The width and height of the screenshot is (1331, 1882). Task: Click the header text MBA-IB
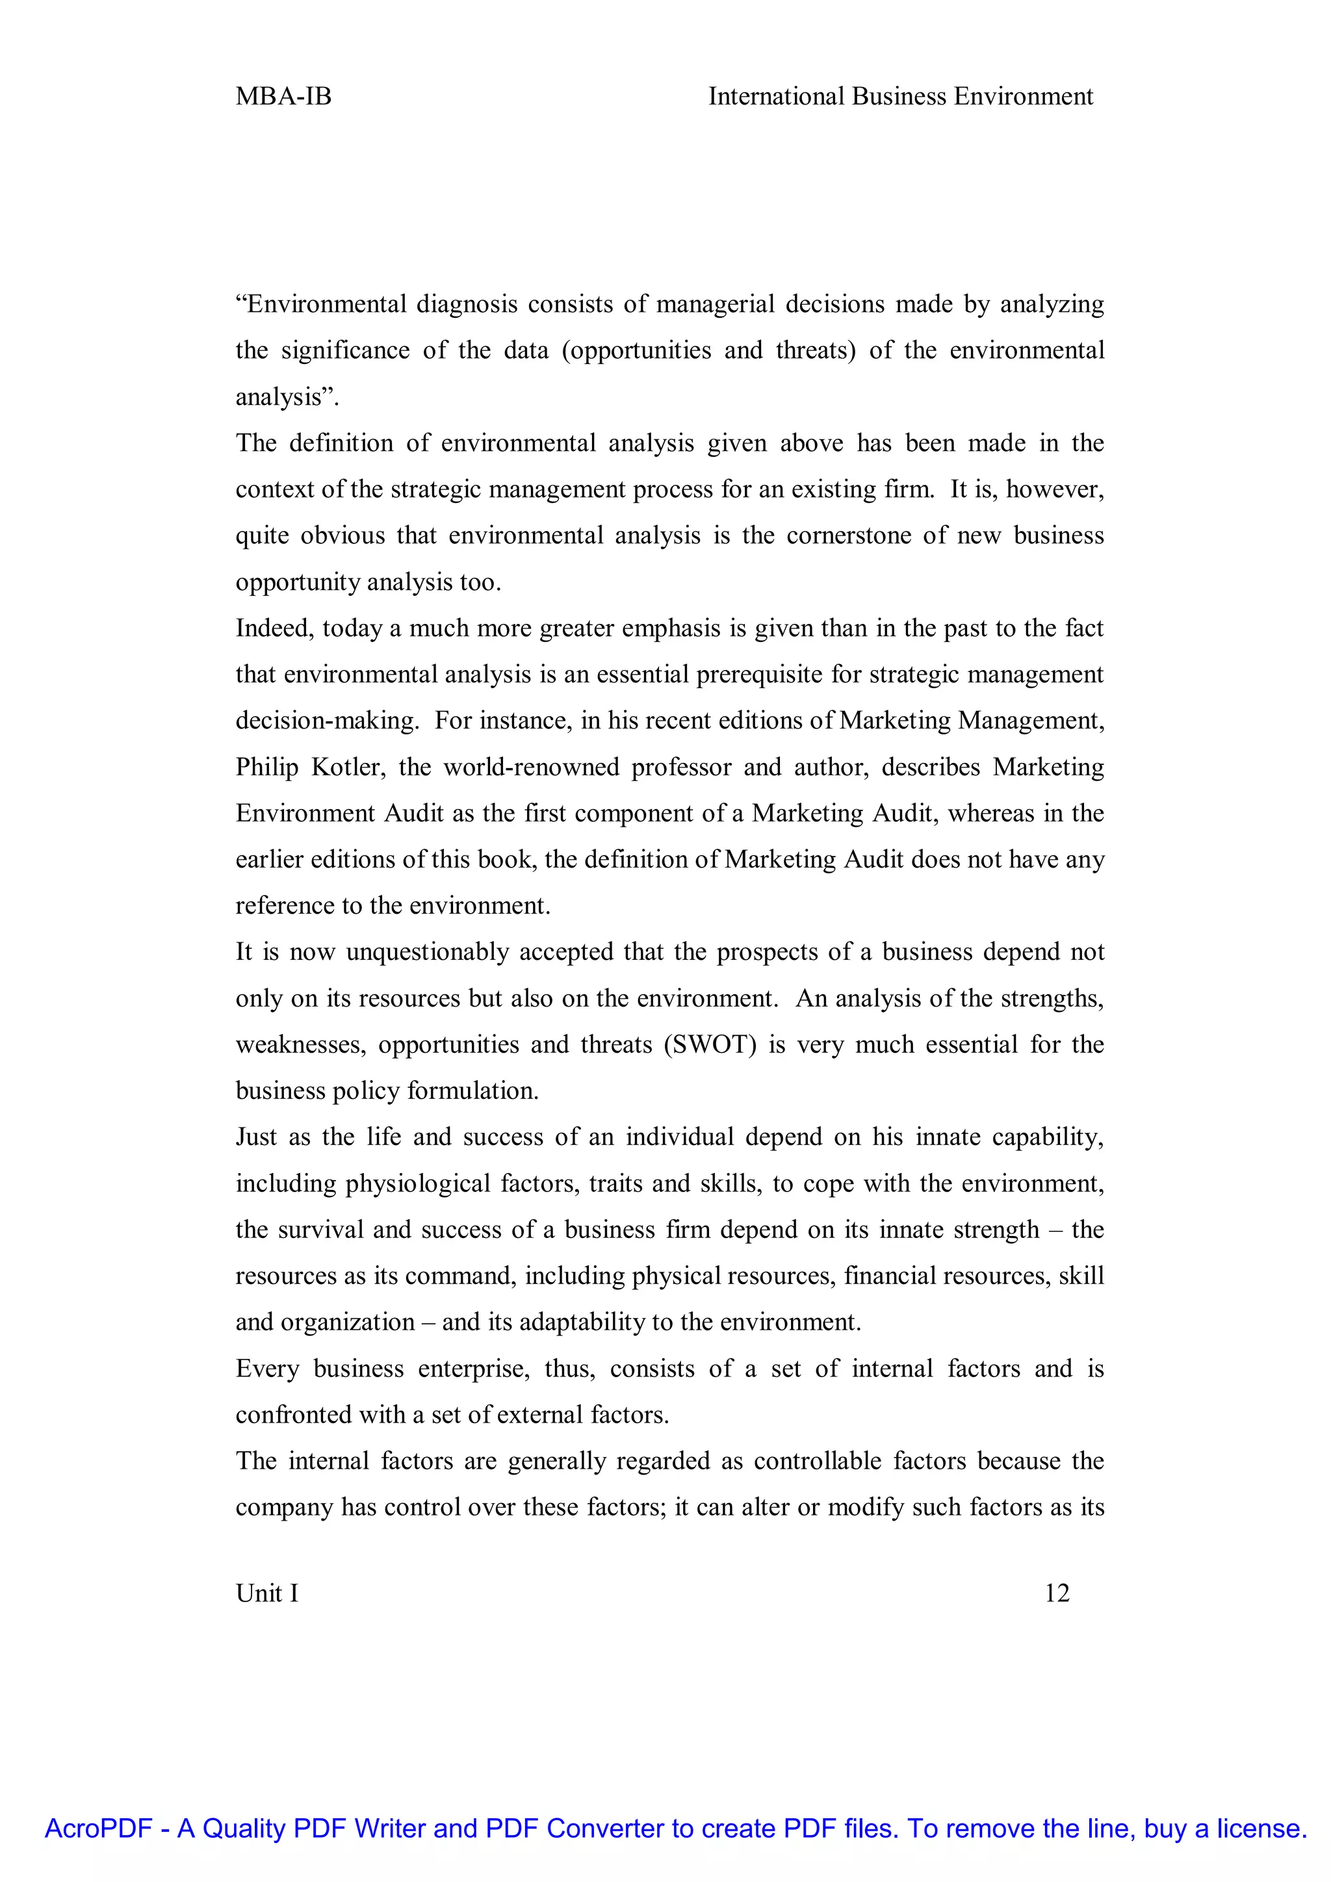pos(283,97)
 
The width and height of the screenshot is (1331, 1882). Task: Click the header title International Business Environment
pos(900,97)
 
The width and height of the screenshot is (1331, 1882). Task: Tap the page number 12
pos(1057,1593)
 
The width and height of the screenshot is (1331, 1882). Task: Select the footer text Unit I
pos(267,1593)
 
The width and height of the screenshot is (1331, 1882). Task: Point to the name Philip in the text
pos(267,767)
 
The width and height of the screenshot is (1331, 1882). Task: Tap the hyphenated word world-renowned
pos(531,767)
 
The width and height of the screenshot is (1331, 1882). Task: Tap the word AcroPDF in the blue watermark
pos(98,1828)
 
